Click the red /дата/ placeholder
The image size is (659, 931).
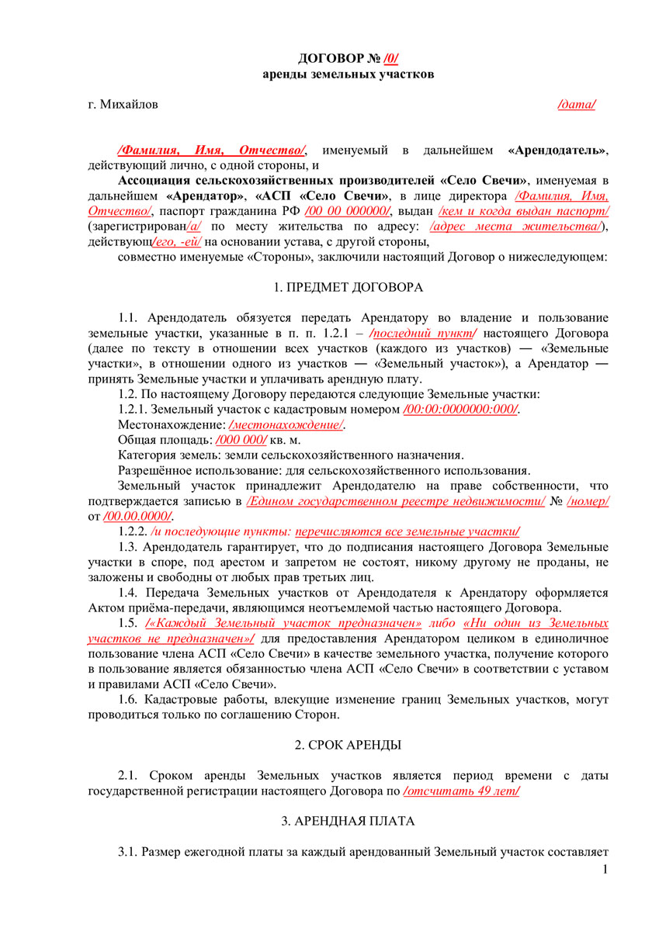pyautogui.click(x=577, y=104)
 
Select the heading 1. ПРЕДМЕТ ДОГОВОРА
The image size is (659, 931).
pyautogui.click(x=349, y=288)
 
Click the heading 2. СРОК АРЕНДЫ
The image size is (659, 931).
pyautogui.click(x=349, y=745)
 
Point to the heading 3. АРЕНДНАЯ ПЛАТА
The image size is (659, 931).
pyautogui.click(x=349, y=820)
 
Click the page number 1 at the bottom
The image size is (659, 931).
pyautogui.click(x=605, y=870)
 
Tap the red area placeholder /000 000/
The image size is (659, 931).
pyautogui.click(x=240, y=439)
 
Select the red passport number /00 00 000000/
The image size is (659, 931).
pyautogui.click(x=348, y=210)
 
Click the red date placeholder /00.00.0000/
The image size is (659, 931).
pyautogui.click(x=138, y=516)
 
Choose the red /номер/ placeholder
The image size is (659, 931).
pyautogui.click(x=588, y=501)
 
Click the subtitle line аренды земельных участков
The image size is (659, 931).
pyautogui.click(x=349, y=74)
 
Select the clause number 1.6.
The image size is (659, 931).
pyautogui.click(x=128, y=699)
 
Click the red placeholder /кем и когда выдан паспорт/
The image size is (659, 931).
pyautogui.click(x=524, y=210)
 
